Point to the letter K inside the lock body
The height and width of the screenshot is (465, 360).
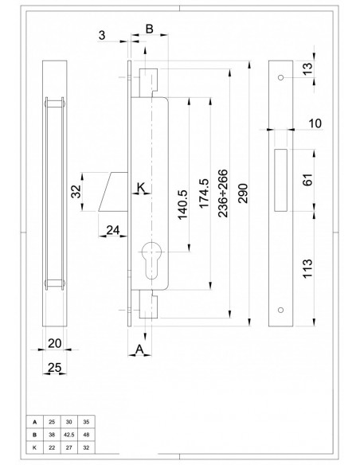click(141, 188)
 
